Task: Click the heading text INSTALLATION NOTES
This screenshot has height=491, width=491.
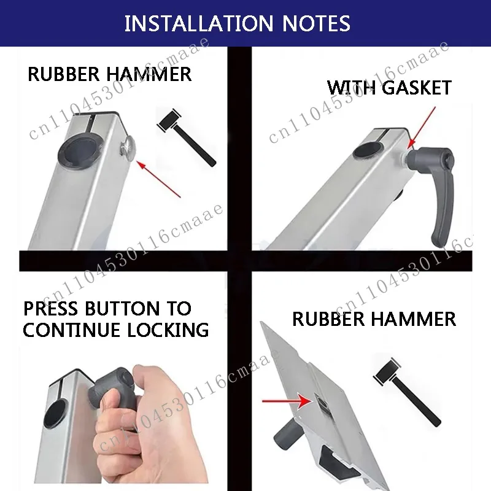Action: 238,23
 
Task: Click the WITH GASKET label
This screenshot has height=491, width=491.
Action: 389,87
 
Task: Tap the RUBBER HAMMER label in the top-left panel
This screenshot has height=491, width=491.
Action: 109,74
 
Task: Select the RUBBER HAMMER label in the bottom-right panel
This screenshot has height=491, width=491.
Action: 374,319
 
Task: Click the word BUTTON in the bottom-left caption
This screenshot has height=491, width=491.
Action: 123,308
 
